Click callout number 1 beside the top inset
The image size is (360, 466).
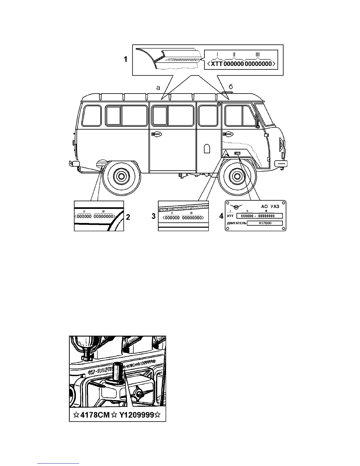click(126, 59)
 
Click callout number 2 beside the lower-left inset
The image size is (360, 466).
click(128, 217)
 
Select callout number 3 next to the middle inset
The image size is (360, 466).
click(154, 216)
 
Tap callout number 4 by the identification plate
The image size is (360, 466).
click(221, 216)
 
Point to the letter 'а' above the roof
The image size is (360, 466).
click(158, 87)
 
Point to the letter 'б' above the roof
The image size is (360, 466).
click(231, 87)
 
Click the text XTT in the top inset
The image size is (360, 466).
click(217, 63)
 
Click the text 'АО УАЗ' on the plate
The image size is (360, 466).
click(270, 207)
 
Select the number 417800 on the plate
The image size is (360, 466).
click(265, 223)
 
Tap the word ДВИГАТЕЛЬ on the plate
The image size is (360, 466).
click(236, 223)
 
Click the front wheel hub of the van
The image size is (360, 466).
click(237, 177)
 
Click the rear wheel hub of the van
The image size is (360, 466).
click(120, 177)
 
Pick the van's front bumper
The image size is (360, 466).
click(281, 163)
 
